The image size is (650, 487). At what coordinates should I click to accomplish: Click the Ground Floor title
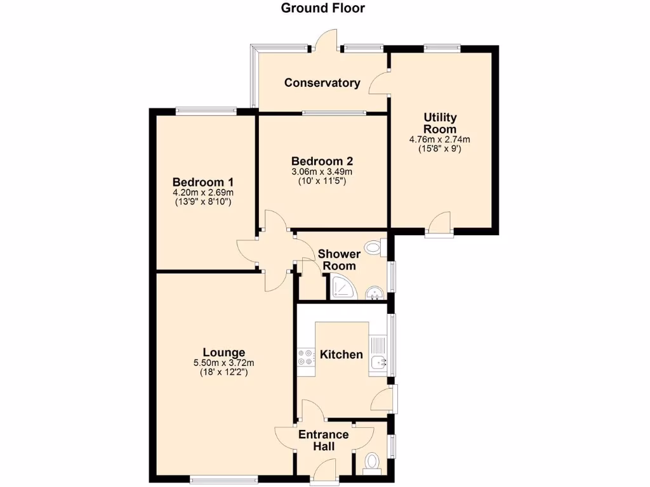pyautogui.click(x=323, y=8)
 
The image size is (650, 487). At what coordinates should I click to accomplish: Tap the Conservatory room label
pyautogui.click(x=322, y=82)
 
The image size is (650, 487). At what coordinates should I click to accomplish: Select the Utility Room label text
pyautogui.click(x=441, y=123)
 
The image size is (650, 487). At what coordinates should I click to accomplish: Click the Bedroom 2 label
pyautogui.click(x=322, y=160)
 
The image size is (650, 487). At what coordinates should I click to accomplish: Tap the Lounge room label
pyautogui.click(x=223, y=352)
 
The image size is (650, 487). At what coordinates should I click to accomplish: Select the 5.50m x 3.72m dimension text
pyautogui.click(x=223, y=363)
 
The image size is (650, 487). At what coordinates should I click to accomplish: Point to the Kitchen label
pyautogui.click(x=341, y=354)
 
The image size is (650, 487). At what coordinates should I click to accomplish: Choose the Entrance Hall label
pyautogui.click(x=323, y=441)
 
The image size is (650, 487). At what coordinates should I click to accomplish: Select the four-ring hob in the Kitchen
pyautogui.click(x=305, y=358)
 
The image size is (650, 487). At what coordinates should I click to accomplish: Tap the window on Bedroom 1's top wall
pyautogui.click(x=206, y=111)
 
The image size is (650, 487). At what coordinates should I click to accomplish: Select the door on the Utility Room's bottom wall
pyautogui.click(x=439, y=225)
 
